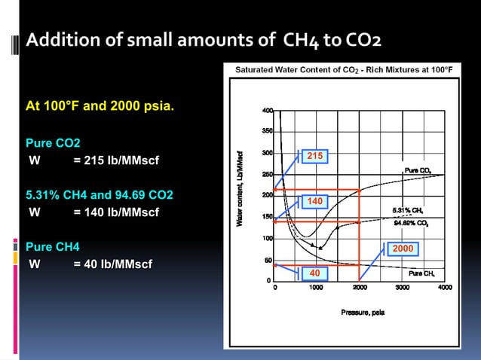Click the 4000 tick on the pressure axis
tap(445, 288)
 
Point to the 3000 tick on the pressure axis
tap(403, 288)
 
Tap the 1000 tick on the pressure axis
tap(317, 288)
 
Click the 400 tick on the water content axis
tap(267, 111)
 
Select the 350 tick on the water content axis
tap(267, 131)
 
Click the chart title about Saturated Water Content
tap(344, 69)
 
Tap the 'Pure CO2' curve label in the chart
tap(418, 171)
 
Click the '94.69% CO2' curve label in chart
tap(412, 223)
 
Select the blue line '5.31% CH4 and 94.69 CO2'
tap(100, 195)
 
